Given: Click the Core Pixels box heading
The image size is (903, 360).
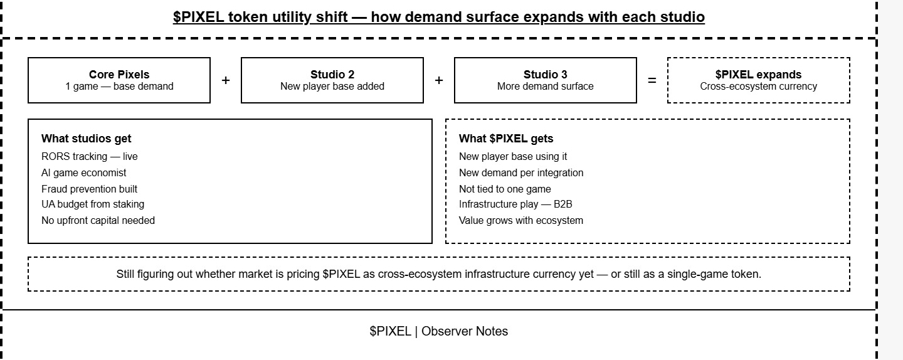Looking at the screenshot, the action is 119,75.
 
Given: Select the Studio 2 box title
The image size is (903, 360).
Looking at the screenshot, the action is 332,75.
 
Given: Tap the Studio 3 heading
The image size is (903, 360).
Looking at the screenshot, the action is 545,75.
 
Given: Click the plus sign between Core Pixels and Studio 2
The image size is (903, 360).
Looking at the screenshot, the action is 226,81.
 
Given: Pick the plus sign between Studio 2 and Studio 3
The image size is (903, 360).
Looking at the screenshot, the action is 439,81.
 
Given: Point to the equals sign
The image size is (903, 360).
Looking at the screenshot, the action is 652,81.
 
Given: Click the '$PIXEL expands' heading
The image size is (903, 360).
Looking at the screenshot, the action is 758,75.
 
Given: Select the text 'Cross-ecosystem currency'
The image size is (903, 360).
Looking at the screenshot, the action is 758,87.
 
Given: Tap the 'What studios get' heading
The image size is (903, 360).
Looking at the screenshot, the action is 87,139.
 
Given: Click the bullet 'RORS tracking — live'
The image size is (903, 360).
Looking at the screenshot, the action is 90,156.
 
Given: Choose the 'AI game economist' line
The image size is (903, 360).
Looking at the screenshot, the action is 84,173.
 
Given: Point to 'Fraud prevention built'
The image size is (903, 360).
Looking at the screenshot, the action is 89,189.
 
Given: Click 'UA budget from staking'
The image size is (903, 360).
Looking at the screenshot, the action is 93,204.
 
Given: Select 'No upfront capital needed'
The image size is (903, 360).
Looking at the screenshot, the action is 98,221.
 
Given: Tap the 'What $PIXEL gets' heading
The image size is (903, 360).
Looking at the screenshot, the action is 506,139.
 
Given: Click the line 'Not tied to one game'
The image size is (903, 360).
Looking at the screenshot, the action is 505,189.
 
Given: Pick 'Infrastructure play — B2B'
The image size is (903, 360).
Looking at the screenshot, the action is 515,204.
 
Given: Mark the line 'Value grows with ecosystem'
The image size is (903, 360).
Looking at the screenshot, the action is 521,221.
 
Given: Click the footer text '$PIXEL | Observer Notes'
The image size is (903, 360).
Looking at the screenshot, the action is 438,331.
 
